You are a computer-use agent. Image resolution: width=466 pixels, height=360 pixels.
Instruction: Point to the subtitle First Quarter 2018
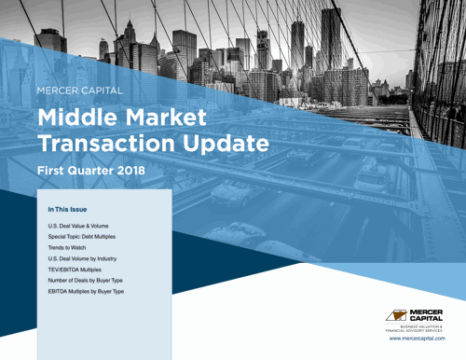[x=91, y=172]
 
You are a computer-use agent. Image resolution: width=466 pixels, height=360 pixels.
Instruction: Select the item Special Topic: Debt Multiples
[x=88, y=239]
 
